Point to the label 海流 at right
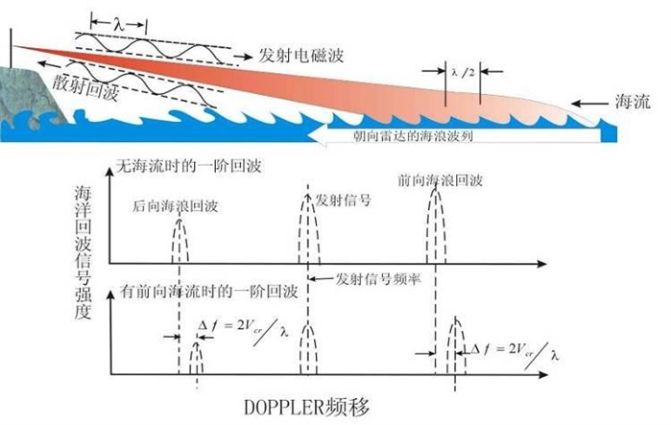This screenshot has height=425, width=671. pyautogui.click(x=633, y=100)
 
